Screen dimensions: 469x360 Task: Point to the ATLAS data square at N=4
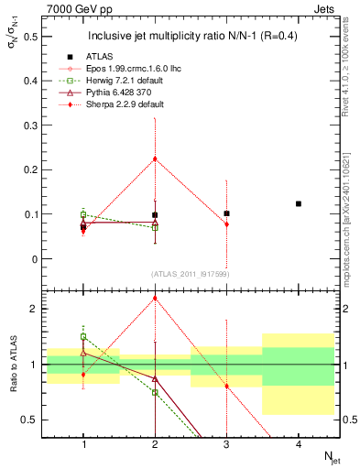pyautogui.click(x=299, y=203)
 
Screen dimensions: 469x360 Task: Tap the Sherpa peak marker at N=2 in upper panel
pyautogui.click(x=155, y=158)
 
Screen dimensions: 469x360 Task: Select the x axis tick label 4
pyautogui.click(x=299, y=443)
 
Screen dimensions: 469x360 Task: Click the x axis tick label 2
pyautogui.click(x=155, y=443)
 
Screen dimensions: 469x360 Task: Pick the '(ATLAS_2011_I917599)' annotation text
pyautogui.click(x=190, y=273)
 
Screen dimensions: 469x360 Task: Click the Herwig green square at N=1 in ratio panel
pyautogui.click(x=83, y=337)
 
